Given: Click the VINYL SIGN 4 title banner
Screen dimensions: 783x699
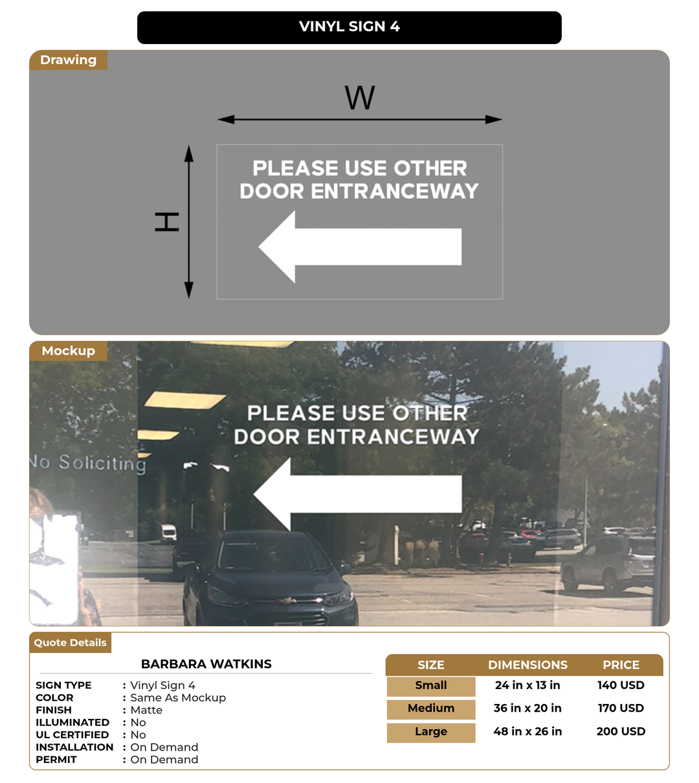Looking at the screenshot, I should (349, 27).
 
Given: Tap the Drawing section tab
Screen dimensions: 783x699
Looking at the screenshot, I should (68, 60).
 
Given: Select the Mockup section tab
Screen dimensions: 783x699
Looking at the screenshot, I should (68, 351).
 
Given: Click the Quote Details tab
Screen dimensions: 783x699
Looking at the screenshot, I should (70, 642).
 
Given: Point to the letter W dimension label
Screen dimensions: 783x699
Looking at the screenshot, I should (360, 98).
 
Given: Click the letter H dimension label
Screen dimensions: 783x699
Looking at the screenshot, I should (167, 221).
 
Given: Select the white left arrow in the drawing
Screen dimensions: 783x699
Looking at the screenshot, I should (359, 247).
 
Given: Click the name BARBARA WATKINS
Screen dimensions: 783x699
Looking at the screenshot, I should (206, 664).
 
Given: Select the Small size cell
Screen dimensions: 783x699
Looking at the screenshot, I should (431, 685).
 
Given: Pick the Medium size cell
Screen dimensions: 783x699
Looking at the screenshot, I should (431, 709).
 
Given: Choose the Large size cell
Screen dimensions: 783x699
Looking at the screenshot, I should (431, 732).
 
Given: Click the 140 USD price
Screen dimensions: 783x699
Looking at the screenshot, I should (620, 685).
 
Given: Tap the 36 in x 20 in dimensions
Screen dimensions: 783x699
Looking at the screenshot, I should (527, 709).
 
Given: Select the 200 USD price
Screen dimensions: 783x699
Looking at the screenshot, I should (620, 732).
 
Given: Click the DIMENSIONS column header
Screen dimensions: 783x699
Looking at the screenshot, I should (527, 665).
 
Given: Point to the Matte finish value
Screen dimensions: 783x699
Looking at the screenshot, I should (146, 710).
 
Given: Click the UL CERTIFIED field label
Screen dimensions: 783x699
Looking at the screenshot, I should (72, 735).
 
